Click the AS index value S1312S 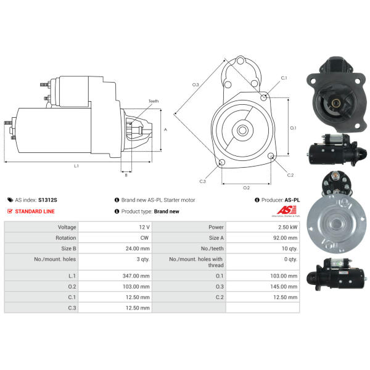47,200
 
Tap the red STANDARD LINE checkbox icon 10,211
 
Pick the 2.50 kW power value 287,227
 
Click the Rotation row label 66,238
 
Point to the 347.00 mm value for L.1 136,276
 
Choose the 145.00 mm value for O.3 284,287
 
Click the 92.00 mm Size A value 286,238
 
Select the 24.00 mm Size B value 138,249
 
